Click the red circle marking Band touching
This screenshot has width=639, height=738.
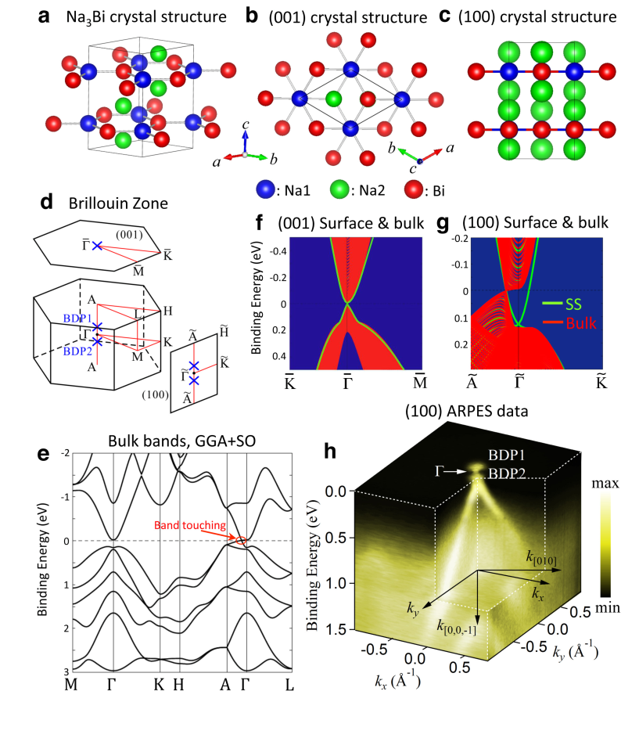(241, 541)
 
